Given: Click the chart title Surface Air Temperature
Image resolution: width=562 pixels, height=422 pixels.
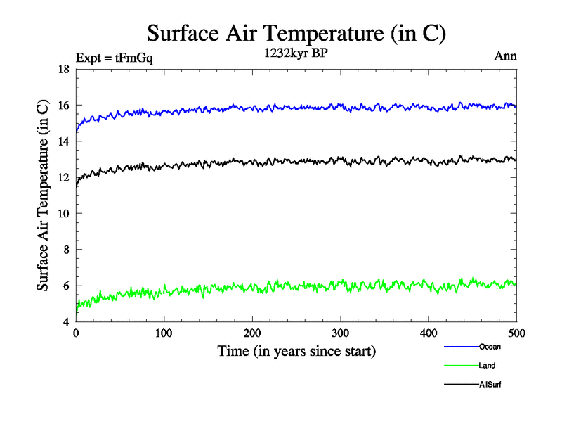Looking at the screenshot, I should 296,32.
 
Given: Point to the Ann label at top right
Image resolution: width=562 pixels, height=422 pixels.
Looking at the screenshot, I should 506,57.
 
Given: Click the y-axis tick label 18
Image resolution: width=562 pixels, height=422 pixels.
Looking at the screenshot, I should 63,70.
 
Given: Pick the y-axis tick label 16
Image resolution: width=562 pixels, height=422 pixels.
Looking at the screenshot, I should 63,105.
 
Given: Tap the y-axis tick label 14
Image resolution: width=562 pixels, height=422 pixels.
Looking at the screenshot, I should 63,141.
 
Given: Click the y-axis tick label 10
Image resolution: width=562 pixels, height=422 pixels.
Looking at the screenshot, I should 63,214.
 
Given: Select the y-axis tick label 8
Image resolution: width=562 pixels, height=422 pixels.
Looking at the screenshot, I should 65,250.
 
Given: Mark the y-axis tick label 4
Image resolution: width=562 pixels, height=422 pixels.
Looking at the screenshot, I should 65,322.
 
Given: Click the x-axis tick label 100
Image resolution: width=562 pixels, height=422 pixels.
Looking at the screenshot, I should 164,333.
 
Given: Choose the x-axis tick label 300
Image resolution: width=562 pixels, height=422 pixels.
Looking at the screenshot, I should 340,333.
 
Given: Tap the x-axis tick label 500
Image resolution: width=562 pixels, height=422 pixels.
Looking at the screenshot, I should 516,333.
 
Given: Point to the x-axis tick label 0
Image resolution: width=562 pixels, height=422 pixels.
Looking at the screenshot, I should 76,333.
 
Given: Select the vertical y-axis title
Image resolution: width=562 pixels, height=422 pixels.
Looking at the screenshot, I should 43,195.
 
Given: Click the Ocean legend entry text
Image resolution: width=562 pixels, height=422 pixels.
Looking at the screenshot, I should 490,346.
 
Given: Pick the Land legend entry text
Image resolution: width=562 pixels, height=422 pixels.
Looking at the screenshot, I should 488,366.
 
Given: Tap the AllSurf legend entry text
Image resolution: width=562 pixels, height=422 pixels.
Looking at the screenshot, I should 490,385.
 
